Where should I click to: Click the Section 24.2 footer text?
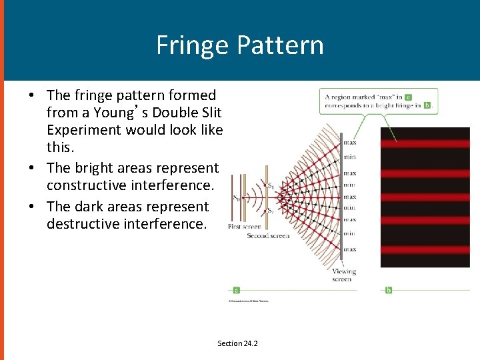point(237,343)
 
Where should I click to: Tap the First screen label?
point(243,227)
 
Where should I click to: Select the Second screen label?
point(268,236)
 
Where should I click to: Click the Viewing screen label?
point(344,275)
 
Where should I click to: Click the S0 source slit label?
point(237,197)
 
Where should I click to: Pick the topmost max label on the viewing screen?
point(349,143)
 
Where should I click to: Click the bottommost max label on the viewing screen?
point(349,249)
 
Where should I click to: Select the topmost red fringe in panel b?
point(425,144)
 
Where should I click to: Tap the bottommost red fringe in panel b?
point(425,250)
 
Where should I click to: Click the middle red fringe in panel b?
point(425,197)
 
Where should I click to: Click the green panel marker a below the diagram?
point(236,290)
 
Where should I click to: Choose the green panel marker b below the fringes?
point(388,290)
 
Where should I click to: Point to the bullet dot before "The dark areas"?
point(31,207)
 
